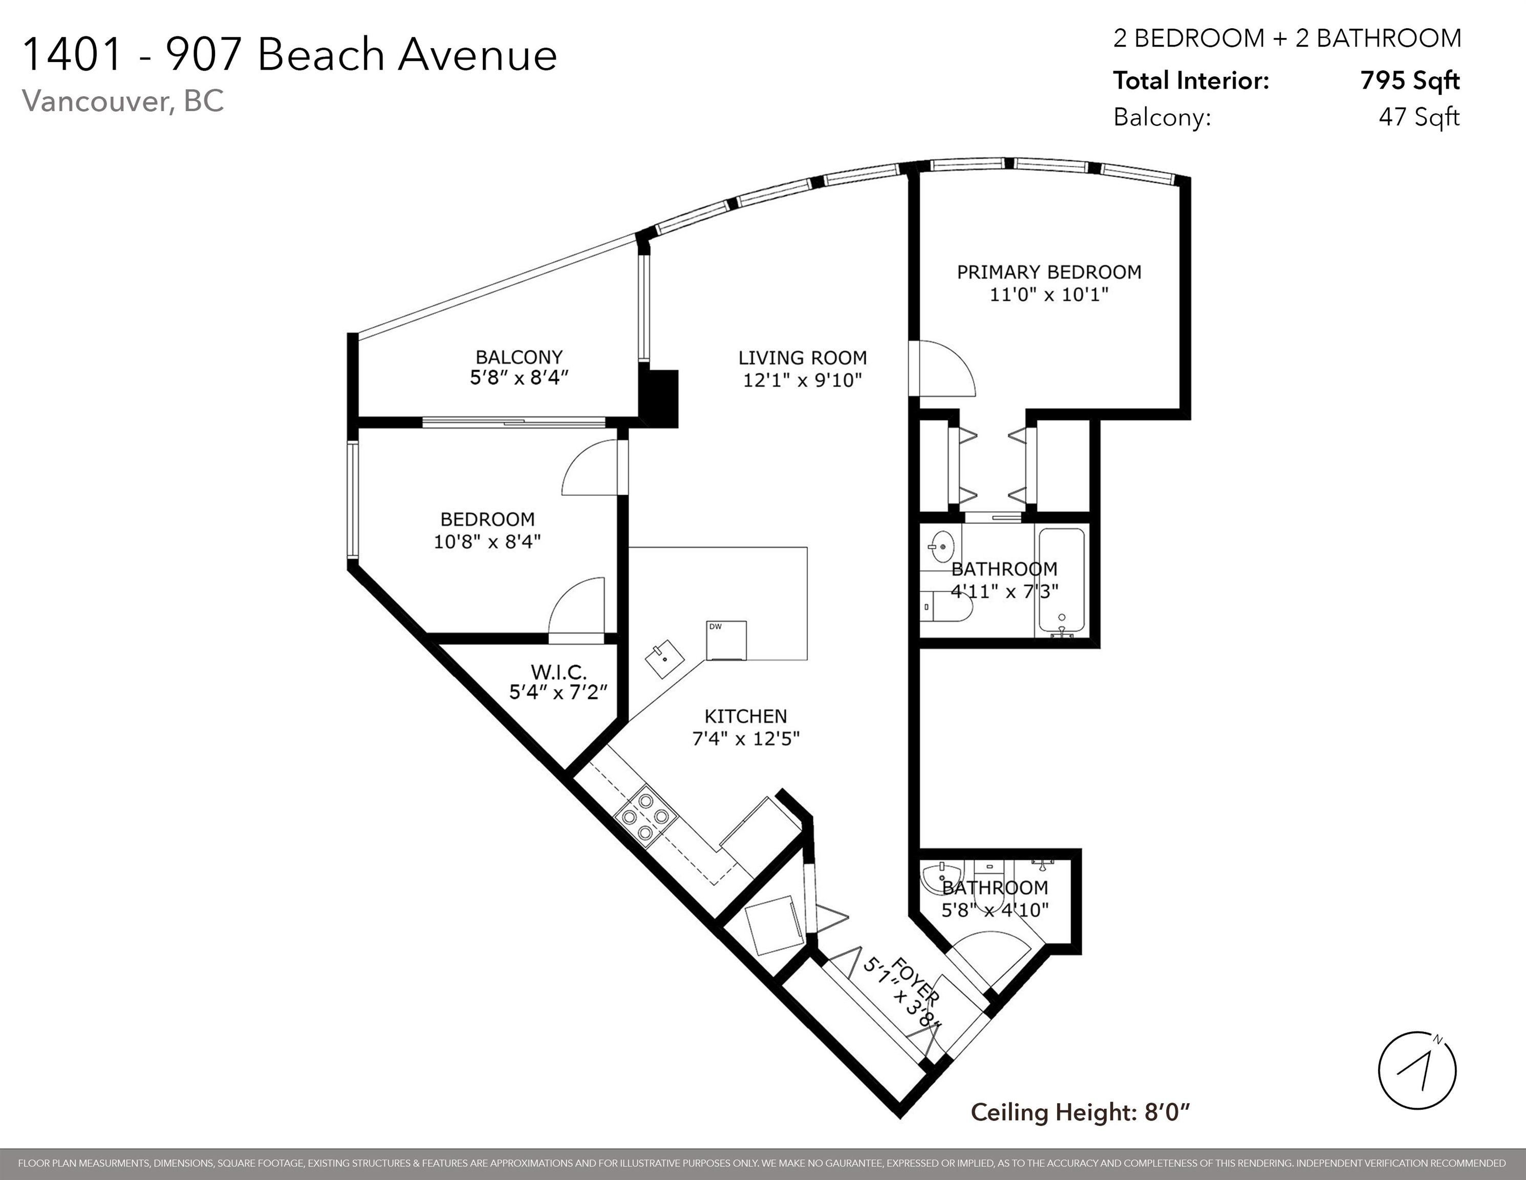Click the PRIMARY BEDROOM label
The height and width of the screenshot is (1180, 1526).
click(1049, 272)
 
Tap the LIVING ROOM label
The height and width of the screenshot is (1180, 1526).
click(803, 358)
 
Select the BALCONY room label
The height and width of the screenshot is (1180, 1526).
click(519, 357)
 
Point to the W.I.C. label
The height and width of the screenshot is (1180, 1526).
click(558, 672)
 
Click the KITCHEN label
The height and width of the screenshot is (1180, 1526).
click(745, 716)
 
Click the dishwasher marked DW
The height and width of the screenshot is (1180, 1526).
click(726, 640)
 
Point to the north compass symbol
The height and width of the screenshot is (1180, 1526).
click(1416, 1070)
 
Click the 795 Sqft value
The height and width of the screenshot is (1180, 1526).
click(1410, 81)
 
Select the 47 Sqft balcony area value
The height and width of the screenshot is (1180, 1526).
click(1419, 117)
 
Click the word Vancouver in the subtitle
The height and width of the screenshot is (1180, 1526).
click(94, 101)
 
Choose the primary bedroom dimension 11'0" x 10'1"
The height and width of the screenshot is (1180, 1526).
click(1049, 294)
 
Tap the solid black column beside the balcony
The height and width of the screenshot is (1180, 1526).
click(659, 398)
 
